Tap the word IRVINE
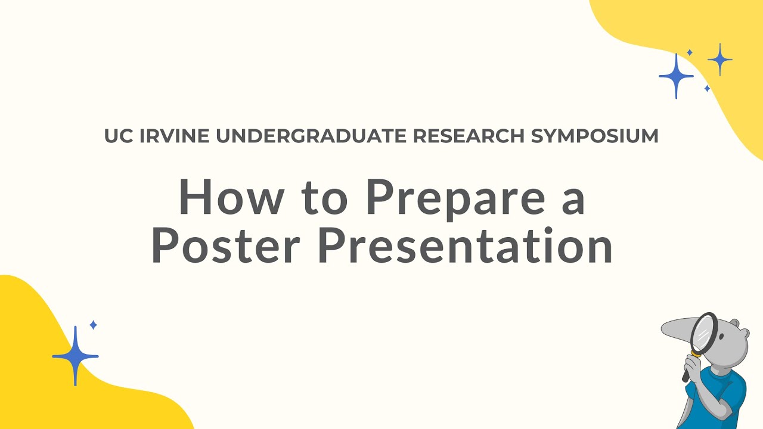pos(175,136)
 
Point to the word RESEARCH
pos(469,136)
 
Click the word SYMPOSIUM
pos(594,136)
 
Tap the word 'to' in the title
pos(324,198)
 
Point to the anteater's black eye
pos(722,337)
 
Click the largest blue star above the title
pos(676,76)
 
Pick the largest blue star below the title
pos(75,356)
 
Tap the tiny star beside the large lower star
pos(93,325)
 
